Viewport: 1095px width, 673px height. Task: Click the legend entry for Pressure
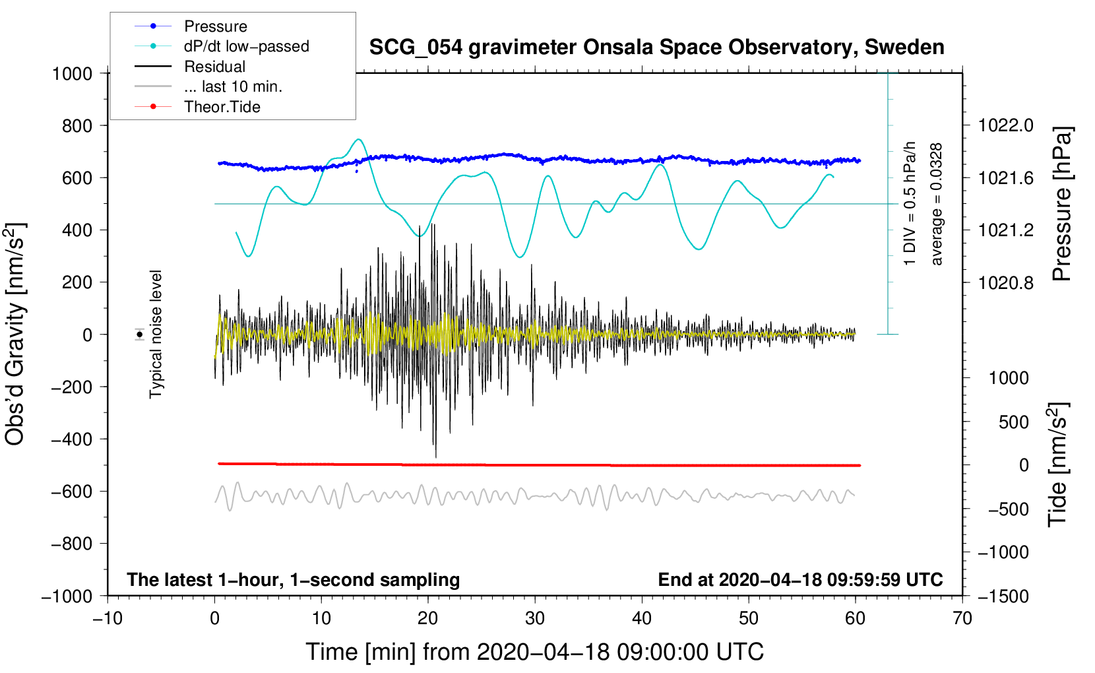(215, 26)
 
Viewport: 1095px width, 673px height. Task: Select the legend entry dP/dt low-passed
(246, 46)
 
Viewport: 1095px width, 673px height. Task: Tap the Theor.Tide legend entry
(222, 107)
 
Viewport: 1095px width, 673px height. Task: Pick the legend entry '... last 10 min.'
(233, 86)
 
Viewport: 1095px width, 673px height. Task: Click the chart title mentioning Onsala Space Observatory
(656, 48)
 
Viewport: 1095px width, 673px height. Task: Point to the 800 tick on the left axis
(77, 125)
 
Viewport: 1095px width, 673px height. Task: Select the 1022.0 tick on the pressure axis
(1005, 125)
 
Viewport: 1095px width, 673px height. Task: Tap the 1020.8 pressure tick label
(1005, 282)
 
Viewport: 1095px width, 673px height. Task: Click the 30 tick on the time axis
(535, 618)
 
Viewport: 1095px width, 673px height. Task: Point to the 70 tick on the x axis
(962, 618)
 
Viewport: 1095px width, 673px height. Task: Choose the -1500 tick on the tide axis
(1003, 596)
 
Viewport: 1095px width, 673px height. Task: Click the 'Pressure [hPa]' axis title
(1062, 205)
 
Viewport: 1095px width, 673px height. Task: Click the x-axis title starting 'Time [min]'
(535, 652)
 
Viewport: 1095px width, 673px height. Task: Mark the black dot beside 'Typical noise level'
(140, 335)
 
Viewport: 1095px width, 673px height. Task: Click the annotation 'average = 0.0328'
(937, 205)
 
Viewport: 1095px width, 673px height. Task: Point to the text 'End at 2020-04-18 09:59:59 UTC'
(800, 580)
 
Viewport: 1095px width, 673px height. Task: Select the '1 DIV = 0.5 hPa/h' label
(910, 203)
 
